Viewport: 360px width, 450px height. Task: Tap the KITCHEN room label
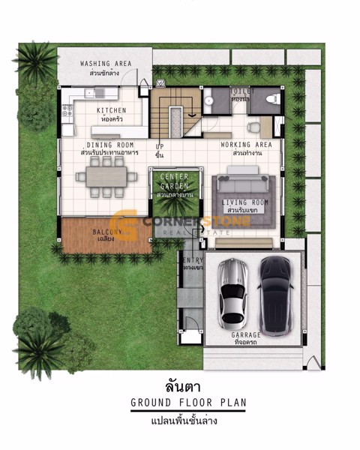111,110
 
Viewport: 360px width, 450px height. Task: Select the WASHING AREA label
106,64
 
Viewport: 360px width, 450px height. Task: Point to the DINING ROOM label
110,145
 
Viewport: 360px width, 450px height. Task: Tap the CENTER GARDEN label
175,181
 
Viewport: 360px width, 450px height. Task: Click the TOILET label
242,91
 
